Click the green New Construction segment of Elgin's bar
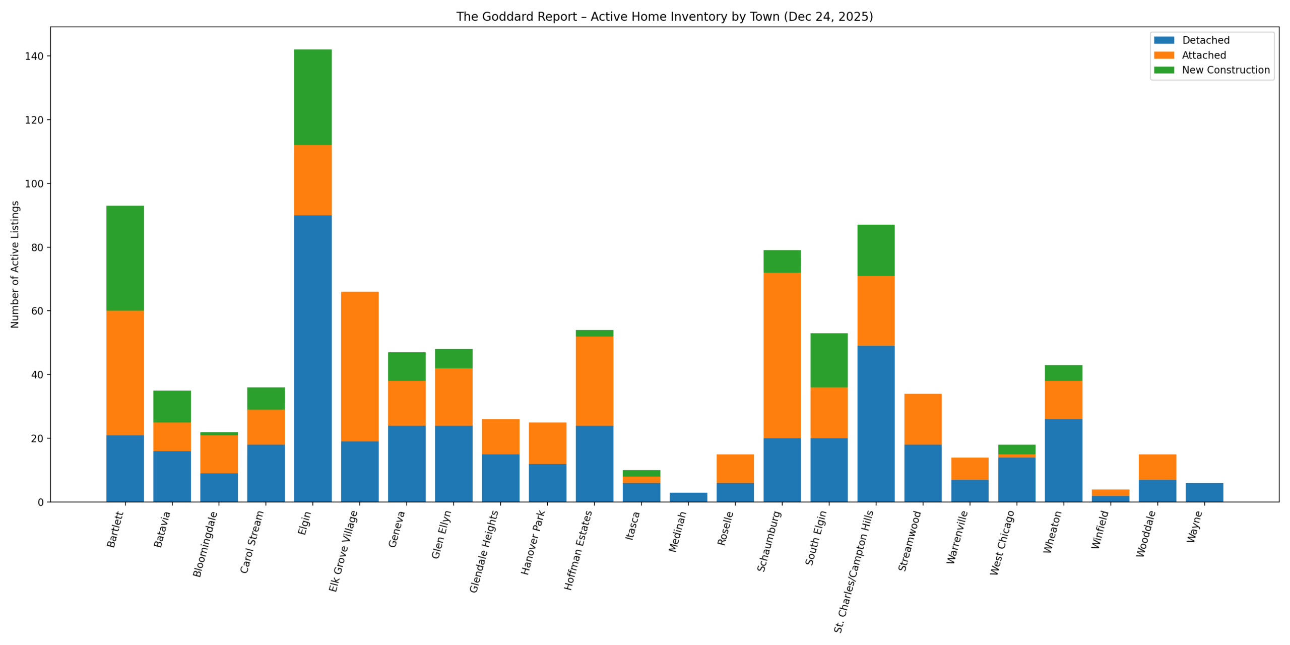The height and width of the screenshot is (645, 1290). click(312, 97)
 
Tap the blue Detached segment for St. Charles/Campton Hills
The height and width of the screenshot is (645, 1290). click(875, 423)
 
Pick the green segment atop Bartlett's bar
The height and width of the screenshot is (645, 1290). click(125, 257)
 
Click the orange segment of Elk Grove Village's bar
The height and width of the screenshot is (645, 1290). click(360, 366)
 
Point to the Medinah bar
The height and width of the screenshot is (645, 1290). click(688, 497)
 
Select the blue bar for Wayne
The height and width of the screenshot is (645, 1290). click(1204, 492)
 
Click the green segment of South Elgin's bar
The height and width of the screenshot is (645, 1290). click(828, 360)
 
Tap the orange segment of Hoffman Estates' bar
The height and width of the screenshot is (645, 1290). click(594, 380)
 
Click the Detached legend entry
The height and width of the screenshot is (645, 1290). click(1205, 40)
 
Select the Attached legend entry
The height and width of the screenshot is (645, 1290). click(1203, 55)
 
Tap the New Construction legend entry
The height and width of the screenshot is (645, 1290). click(1225, 70)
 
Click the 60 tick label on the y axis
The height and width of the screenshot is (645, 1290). click(37, 311)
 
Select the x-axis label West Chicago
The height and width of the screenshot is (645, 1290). click(1002, 542)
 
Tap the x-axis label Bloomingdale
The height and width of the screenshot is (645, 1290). click(205, 544)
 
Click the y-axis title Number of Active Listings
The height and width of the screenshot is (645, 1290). click(15, 265)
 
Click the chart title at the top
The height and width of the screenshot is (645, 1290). click(664, 17)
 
